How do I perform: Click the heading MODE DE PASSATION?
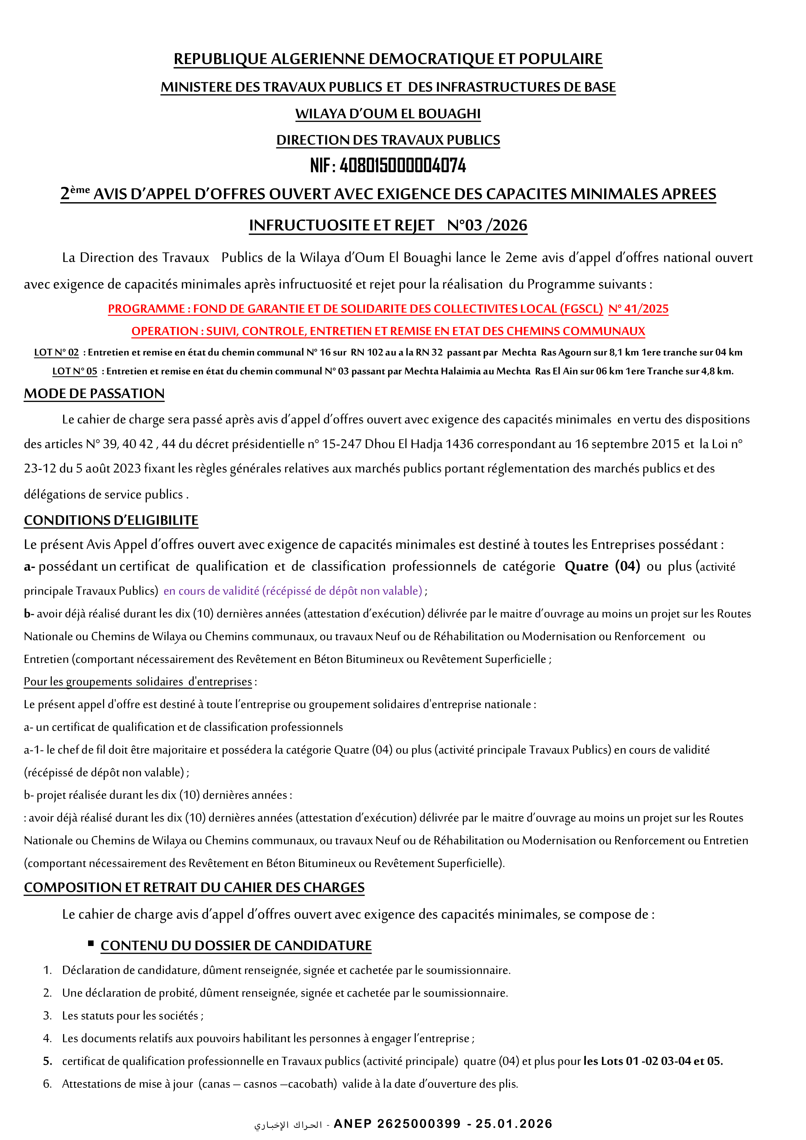94,394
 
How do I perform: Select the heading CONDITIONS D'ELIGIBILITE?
111,520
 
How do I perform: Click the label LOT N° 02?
56,353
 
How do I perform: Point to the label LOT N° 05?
74,371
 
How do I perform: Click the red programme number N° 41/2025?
638,309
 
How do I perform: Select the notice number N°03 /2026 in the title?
487,226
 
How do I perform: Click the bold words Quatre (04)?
602,566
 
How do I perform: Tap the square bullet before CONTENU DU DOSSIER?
91,943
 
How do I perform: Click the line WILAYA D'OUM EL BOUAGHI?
388,114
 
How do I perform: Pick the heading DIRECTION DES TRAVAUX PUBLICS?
388,140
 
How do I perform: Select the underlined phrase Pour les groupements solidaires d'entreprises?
137,682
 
